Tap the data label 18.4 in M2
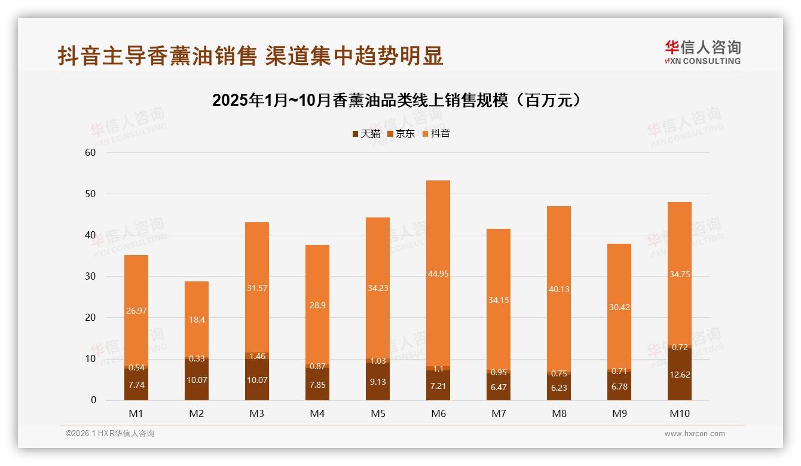[197, 320]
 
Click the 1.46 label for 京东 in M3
[257, 356]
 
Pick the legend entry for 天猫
[366, 134]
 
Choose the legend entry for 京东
[401, 134]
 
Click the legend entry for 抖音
[436, 134]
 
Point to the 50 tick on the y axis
[90, 194]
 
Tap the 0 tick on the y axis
[93, 400]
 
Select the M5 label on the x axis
[377, 414]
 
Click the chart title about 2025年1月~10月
[396, 100]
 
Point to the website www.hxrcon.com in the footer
[694, 434]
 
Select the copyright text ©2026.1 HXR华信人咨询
[109, 434]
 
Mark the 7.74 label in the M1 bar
[136, 385]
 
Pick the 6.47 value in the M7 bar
[498, 388]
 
